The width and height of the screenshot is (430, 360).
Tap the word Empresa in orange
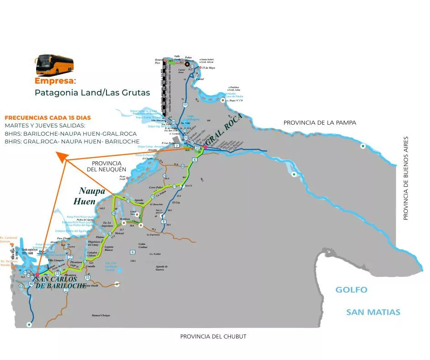[54, 81]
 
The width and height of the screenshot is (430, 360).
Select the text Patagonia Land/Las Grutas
[92, 93]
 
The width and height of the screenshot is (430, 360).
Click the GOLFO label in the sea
[351, 290]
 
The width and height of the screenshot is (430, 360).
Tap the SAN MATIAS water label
[373, 312]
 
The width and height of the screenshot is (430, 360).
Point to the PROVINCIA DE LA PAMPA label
[319, 123]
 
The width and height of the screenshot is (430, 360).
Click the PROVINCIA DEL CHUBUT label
[213, 337]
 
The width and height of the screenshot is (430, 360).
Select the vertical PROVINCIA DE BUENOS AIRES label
[405, 178]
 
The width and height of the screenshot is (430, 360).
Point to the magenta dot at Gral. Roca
[205, 147]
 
